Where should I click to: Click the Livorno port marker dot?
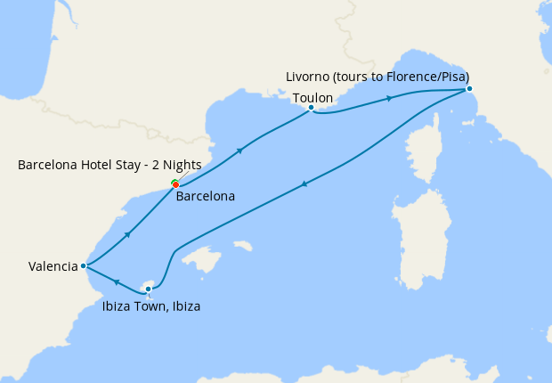[x=469, y=88]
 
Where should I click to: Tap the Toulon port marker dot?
[x=311, y=108]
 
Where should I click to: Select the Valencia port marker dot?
[x=83, y=265]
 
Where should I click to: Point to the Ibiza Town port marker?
[x=149, y=289]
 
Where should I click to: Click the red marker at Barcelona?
[x=176, y=185]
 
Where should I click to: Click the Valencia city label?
[x=53, y=265]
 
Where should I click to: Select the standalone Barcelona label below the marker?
[x=206, y=196]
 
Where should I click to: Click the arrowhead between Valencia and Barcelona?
[x=129, y=235]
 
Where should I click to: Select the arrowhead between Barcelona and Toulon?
[x=239, y=151]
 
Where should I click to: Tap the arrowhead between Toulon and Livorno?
[x=389, y=98]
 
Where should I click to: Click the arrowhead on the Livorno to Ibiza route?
[x=305, y=184]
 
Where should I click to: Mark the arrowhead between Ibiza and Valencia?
[x=116, y=281]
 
